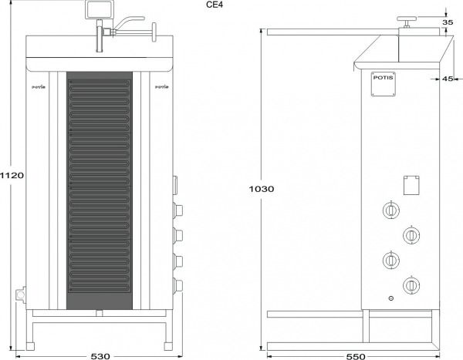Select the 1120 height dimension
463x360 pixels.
pos(12,175)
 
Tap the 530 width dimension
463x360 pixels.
pos(100,355)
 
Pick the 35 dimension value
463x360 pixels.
pos(448,22)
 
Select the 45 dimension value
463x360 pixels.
pos(448,79)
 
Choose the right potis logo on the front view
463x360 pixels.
pos(161,87)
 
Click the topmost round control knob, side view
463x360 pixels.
pos(390,209)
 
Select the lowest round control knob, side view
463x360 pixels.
pos(412,285)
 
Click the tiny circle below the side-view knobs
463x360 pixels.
pos(391,298)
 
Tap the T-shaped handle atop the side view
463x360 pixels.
pos(405,22)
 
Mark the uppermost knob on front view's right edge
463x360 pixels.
pos(178,209)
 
